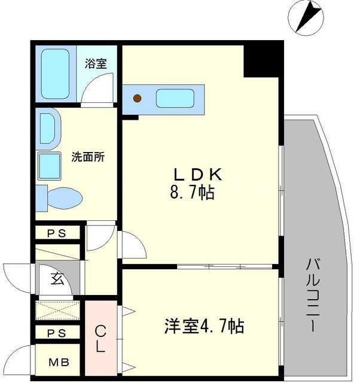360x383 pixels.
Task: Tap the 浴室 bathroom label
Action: click(96, 63)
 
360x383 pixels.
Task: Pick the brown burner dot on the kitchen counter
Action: click(138, 98)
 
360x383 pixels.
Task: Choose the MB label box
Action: click(57, 362)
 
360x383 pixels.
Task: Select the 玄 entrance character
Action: click(56, 279)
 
